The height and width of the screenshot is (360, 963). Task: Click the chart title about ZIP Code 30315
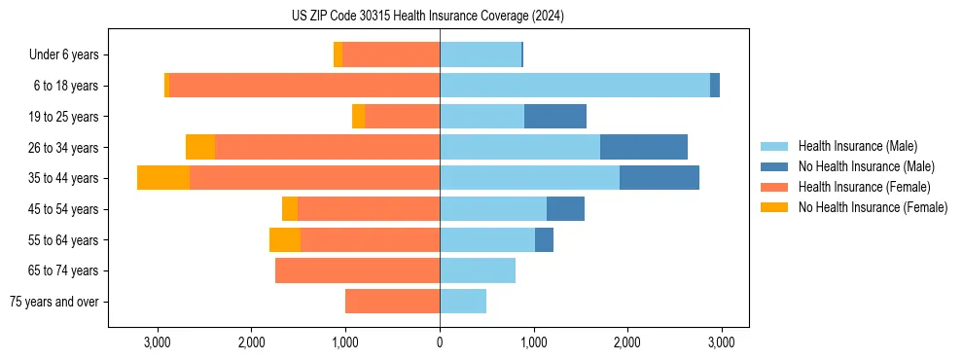tap(428, 17)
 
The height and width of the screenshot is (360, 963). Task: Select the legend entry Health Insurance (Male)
tap(856, 146)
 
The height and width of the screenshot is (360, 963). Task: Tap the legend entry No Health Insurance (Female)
tap(873, 207)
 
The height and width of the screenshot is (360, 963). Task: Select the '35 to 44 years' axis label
tap(63, 178)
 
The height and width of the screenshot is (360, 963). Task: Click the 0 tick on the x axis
tap(440, 342)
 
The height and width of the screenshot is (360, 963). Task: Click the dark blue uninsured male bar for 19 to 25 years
tap(554, 117)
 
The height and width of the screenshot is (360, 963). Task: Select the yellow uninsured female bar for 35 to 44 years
tap(163, 178)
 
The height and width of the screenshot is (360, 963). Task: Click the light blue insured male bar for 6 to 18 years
tap(574, 86)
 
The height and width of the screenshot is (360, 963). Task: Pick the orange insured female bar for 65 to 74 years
tap(357, 270)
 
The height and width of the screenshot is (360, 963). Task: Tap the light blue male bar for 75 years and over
tap(463, 302)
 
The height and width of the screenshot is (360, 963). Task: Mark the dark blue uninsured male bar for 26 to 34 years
tap(644, 147)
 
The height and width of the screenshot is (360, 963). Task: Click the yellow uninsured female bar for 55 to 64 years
tap(285, 239)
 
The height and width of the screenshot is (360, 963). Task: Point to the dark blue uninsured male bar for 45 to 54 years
tap(565, 209)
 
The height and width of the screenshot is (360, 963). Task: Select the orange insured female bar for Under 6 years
tap(391, 54)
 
